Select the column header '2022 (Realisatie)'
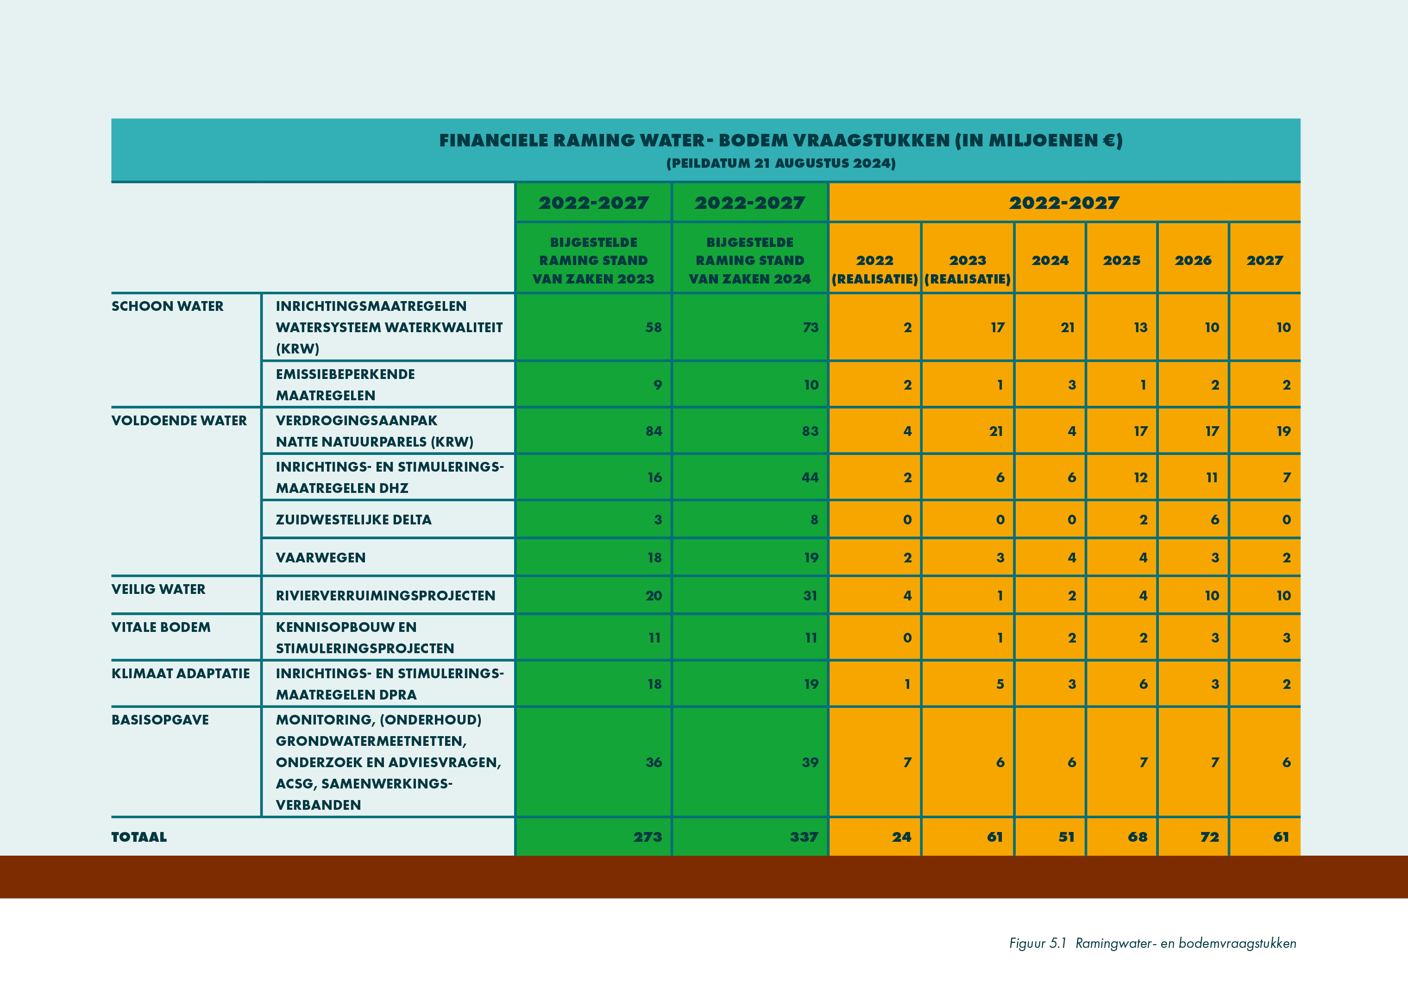(874, 269)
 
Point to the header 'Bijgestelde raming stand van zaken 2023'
(593, 261)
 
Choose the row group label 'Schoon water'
(167, 306)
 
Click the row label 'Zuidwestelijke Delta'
(353, 519)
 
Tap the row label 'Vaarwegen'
(320, 557)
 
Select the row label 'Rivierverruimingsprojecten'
(385, 595)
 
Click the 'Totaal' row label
(139, 837)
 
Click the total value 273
(647, 837)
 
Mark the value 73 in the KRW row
(810, 328)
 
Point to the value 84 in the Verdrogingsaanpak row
(654, 431)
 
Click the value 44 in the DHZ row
(810, 477)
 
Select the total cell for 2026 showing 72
(1209, 837)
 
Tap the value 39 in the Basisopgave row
(810, 763)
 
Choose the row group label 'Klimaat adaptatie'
(180, 674)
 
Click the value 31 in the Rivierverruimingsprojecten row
(810, 595)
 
